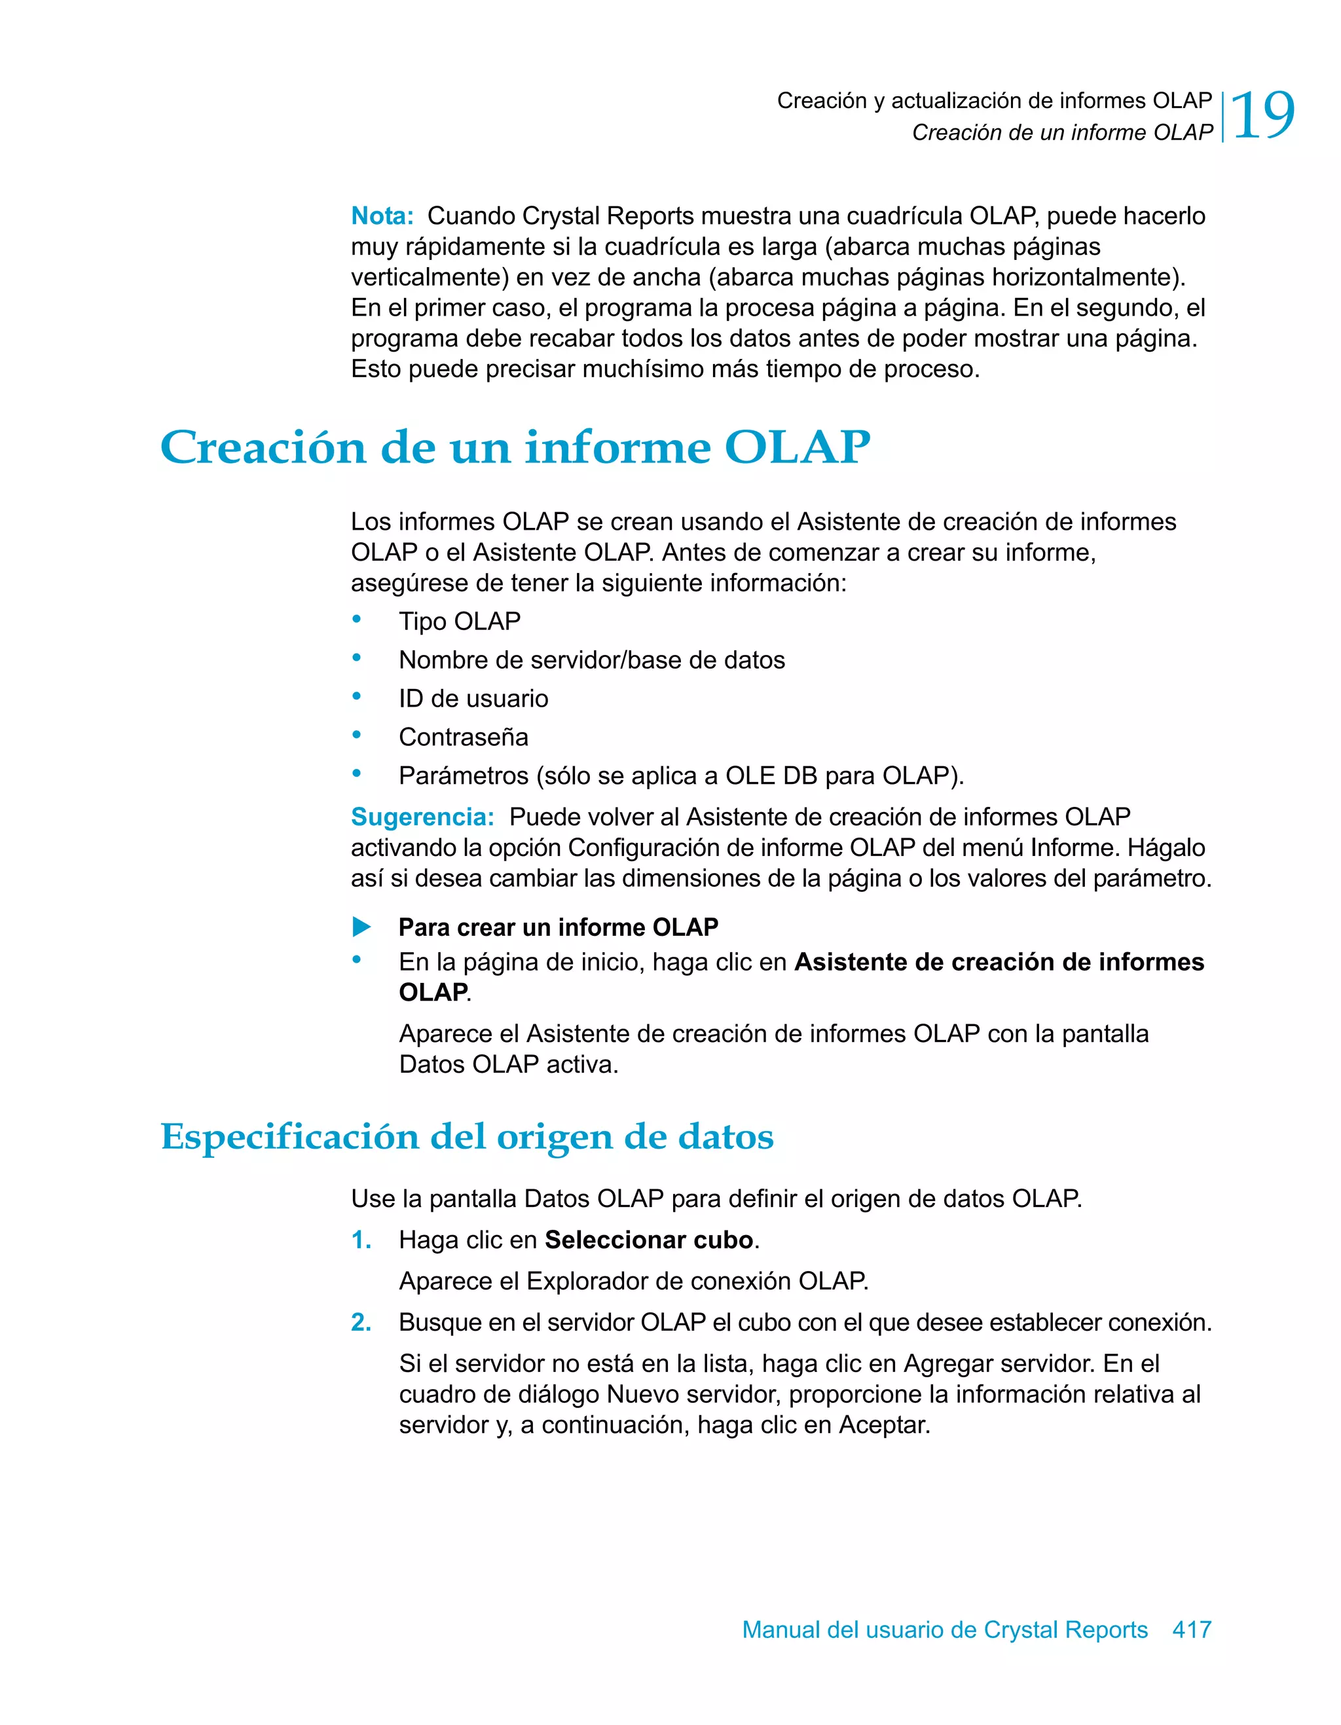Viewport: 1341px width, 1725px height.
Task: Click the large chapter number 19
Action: (x=1262, y=116)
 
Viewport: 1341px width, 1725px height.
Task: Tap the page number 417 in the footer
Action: (x=1192, y=1629)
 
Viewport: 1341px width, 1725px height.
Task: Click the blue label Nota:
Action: (x=382, y=215)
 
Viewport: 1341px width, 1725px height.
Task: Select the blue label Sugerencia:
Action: (x=422, y=817)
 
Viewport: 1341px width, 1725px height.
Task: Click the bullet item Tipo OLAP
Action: (x=459, y=621)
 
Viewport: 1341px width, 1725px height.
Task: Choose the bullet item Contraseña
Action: (x=463, y=737)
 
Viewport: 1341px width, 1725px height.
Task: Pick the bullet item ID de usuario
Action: (x=473, y=698)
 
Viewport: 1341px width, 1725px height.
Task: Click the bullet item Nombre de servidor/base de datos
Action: (x=591, y=659)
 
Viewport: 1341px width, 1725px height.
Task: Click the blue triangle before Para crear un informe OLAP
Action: (x=361, y=927)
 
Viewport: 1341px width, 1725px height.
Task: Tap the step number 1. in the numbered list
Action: (x=361, y=1240)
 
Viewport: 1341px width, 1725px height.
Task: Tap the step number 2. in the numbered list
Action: (x=361, y=1322)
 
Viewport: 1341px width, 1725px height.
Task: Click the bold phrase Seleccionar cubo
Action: (x=648, y=1240)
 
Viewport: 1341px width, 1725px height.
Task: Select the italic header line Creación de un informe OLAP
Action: (x=1061, y=133)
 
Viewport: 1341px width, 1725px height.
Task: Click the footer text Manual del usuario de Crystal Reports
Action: (x=945, y=1629)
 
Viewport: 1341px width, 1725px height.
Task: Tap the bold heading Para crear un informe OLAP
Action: (x=558, y=927)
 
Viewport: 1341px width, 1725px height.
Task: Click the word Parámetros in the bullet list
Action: (x=463, y=775)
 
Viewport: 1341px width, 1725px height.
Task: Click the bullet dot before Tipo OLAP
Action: (x=357, y=620)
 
